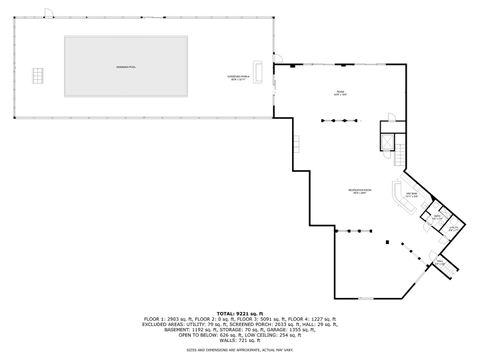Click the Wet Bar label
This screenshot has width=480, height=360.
coord(411,193)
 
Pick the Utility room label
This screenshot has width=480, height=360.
coord(452,229)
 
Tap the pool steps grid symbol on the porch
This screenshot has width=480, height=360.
coord(39,76)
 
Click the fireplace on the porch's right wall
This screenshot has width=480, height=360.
coord(260,71)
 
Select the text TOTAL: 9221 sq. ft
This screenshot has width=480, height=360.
coord(239,312)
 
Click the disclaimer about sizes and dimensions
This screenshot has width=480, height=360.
coord(239,352)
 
